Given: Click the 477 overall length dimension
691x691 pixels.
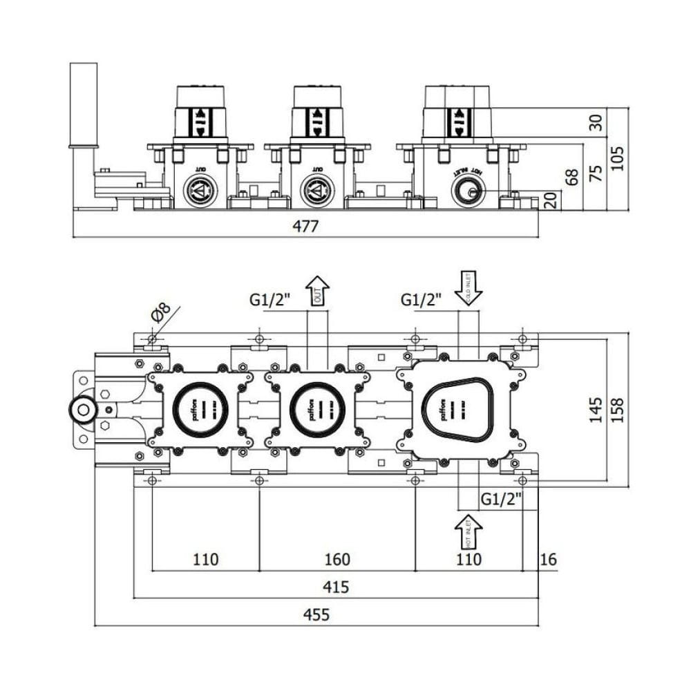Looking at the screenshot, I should tap(305, 226).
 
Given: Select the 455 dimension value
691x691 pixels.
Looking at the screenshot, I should tap(316, 614).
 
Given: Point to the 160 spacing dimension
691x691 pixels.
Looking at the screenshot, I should tap(337, 559).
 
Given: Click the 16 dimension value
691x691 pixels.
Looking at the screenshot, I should tap(548, 559).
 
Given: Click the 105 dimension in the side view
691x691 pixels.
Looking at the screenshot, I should tap(617, 158).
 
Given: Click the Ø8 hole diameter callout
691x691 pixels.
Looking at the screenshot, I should tap(159, 314).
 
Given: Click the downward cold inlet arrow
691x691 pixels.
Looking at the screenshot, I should tap(468, 287).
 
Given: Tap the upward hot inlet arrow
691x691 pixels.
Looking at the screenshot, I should tap(468, 533).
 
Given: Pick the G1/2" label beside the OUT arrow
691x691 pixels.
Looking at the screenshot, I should tap(270, 300).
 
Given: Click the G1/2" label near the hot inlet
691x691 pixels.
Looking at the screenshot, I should tap(501, 498).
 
